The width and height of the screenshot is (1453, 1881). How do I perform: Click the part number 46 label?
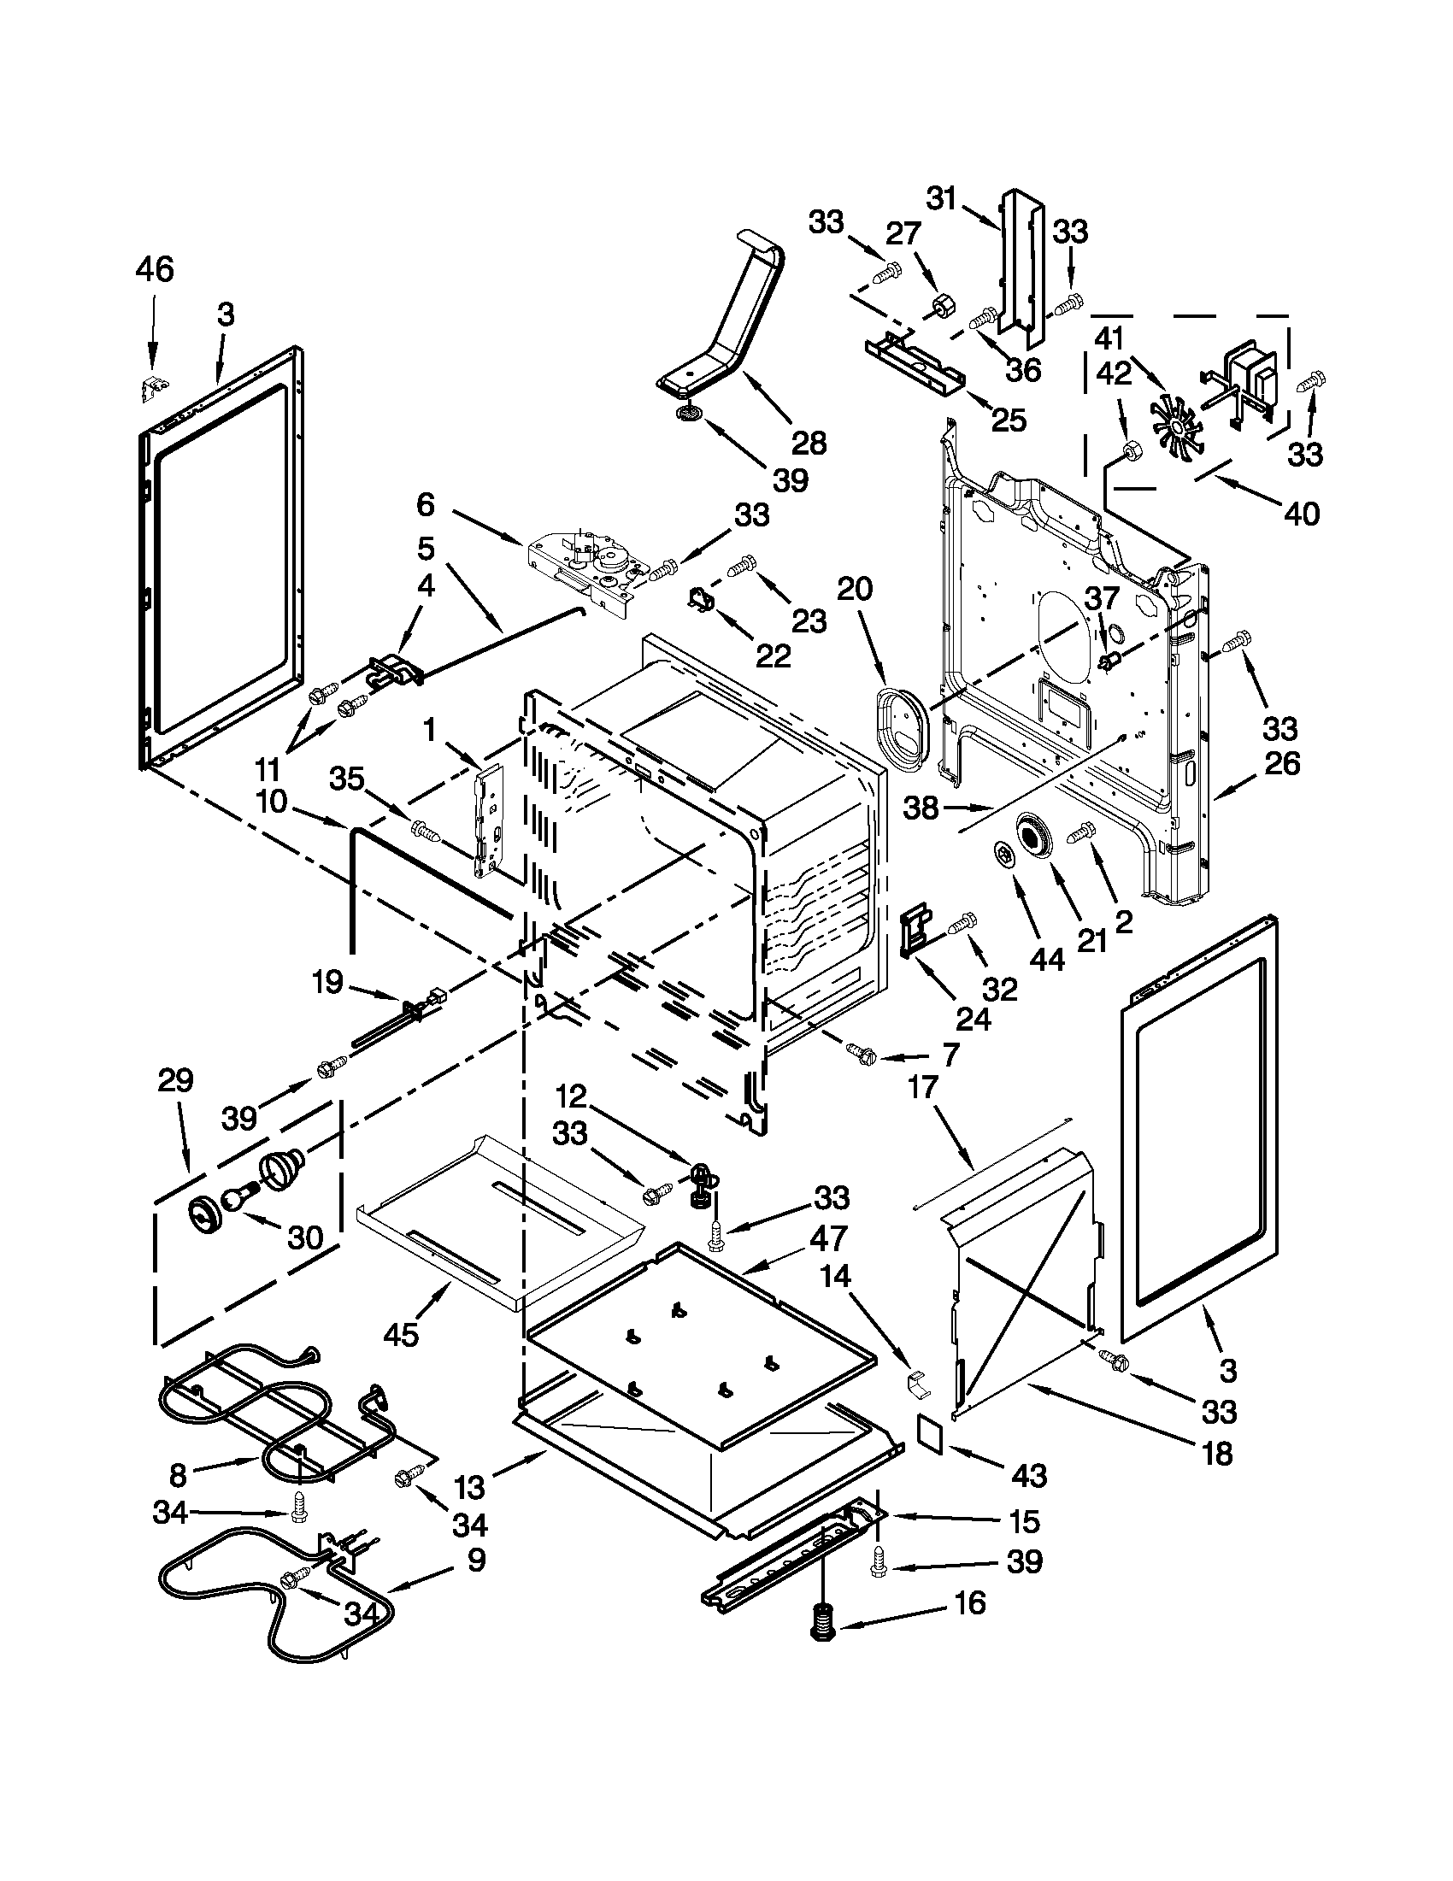154,269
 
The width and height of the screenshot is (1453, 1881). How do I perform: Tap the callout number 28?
808,443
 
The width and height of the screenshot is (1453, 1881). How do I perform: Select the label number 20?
855,589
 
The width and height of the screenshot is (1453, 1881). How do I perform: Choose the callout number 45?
401,1334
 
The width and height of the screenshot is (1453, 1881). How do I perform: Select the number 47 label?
827,1238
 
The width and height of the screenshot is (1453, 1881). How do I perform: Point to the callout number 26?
1281,763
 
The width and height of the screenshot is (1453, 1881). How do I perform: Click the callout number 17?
922,1088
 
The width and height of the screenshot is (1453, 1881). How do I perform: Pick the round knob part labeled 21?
1032,838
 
